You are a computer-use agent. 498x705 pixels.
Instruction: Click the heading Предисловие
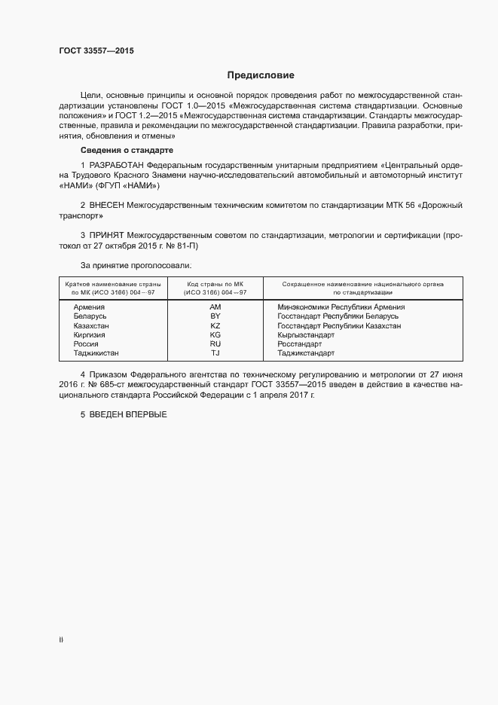point(261,75)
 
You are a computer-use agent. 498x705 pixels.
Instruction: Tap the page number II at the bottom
point(61,639)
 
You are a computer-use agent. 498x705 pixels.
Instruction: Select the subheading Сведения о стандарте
point(127,151)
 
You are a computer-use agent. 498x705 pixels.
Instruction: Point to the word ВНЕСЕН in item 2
point(111,204)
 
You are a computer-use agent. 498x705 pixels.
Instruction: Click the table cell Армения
point(89,307)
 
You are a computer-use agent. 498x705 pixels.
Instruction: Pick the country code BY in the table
point(215,316)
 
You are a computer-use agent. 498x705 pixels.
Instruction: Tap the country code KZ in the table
point(215,325)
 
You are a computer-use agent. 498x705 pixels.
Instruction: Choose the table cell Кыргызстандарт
point(306,334)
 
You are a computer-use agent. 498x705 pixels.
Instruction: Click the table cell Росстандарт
point(299,343)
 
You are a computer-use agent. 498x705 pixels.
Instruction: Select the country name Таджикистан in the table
point(96,352)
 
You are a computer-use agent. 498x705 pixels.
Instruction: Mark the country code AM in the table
point(215,307)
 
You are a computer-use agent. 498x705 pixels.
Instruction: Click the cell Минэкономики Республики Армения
point(341,307)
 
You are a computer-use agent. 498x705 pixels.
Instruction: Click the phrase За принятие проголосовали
point(136,265)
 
